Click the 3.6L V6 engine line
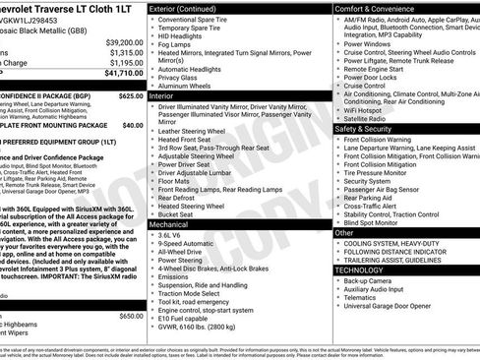(x=174, y=236)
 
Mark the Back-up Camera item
(x=370, y=281)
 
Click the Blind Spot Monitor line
(x=378, y=223)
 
